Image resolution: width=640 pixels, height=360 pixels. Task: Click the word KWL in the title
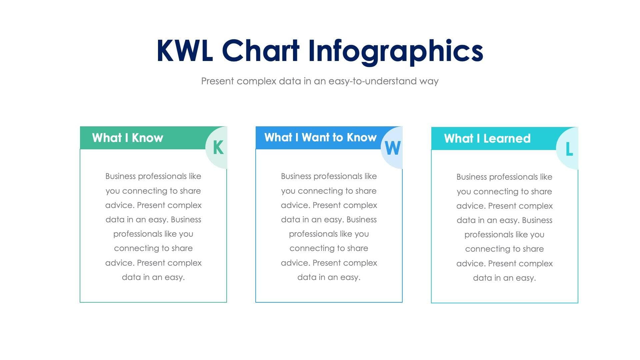pyautogui.click(x=184, y=51)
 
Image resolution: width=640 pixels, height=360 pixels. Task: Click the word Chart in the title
pyautogui.click(x=260, y=51)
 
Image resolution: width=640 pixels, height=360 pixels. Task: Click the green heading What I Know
pyautogui.click(x=127, y=138)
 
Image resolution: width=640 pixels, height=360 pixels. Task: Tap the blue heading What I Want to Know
pyautogui.click(x=320, y=137)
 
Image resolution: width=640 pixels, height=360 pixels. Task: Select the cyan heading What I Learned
pyautogui.click(x=487, y=138)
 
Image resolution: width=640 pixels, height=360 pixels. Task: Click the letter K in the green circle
pyautogui.click(x=218, y=147)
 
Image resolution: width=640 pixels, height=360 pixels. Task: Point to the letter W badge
pyautogui.click(x=392, y=148)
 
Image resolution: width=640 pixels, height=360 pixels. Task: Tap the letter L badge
pyautogui.click(x=569, y=149)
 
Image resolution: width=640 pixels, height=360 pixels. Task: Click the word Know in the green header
pyautogui.click(x=147, y=138)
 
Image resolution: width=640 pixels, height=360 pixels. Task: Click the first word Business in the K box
pyautogui.click(x=120, y=176)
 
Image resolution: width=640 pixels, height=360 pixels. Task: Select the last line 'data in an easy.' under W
pyautogui.click(x=329, y=277)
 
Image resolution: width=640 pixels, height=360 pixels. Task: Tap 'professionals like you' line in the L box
pyautogui.click(x=504, y=234)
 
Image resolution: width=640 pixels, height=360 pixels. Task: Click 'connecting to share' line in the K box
pyautogui.click(x=153, y=248)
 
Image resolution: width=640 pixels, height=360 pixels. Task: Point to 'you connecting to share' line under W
pyautogui.click(x=329, y=191)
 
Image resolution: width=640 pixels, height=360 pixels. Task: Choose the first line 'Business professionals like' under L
pyautogui.click(x=504, y=177)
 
